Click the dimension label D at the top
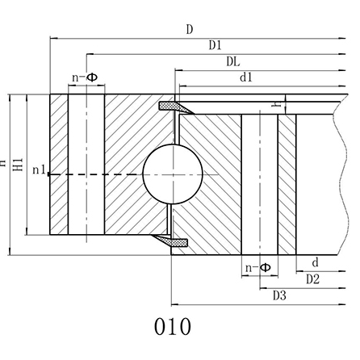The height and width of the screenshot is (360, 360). (x=189, y=30)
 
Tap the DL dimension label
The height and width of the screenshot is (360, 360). (x=232, y=61)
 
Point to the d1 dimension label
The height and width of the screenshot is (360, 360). (x=246, y=77)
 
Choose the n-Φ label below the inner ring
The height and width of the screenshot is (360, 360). (x=258, y=266)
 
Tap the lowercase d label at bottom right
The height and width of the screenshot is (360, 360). (x=315, y=262)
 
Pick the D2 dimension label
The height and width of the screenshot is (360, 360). (x=313, y=279)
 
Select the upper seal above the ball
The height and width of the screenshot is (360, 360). (x=172, y=107)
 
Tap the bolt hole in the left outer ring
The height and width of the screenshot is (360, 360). (x=86, y=165)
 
